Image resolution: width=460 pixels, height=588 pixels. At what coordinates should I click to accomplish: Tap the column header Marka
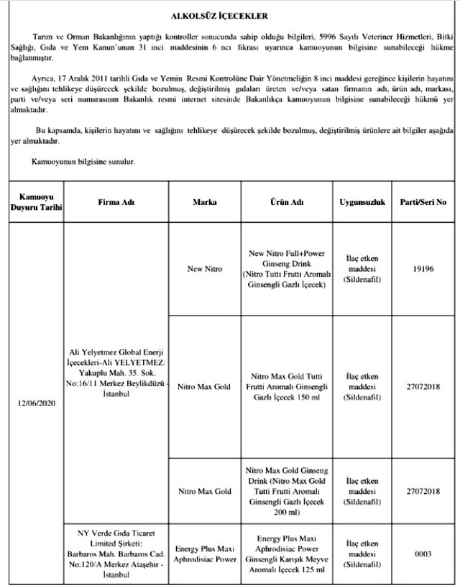tap(205, 203)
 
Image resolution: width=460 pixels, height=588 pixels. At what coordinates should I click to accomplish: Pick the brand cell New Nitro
tap(205, 269)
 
